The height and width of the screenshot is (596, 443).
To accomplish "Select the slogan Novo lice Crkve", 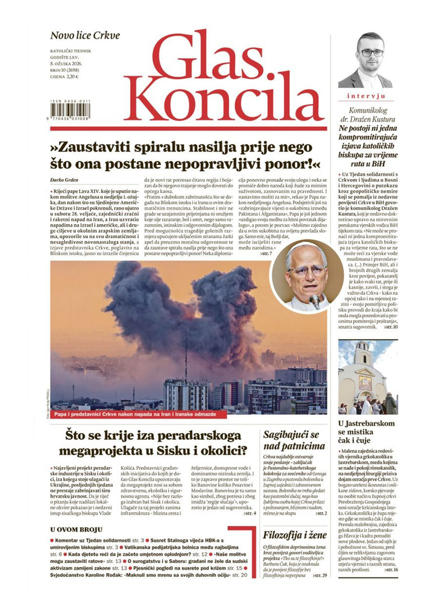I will pyautogui.click(x=85, y=36).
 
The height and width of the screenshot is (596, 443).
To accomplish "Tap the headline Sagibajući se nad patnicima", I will pyautogui.click(x=294, y=441).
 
